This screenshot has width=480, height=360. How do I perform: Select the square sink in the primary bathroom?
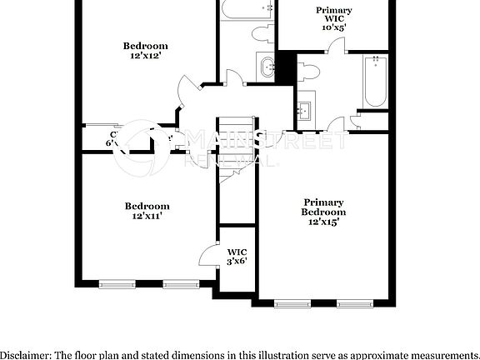point(305,109)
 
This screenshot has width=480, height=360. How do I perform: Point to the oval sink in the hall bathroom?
point(267,67)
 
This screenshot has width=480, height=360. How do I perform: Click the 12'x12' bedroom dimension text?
point(145,56)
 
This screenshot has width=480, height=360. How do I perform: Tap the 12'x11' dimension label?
point(147,216)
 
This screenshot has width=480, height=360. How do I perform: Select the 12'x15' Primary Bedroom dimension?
point(323,222)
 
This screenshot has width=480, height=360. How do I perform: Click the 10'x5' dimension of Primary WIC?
point(333,27)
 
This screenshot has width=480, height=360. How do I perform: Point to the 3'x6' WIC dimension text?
point(237,262)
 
